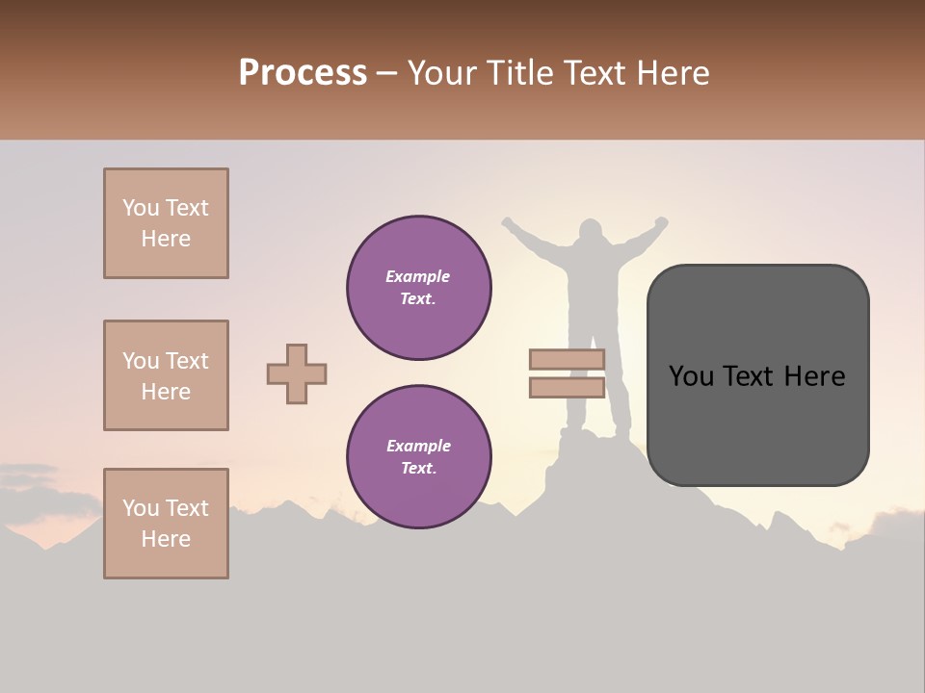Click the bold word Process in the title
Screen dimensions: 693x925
303,73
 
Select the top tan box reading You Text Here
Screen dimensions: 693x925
166,223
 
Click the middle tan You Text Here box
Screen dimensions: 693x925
166,375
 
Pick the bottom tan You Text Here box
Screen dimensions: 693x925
166,524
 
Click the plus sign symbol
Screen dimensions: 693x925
297,373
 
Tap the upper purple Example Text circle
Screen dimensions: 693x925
419,288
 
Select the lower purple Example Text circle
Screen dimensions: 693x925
419,457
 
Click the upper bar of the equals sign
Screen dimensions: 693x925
567,360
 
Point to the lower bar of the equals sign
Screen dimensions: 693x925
567,387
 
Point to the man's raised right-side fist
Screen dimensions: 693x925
661,222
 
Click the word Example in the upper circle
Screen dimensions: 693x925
417,276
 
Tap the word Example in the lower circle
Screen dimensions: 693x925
418,446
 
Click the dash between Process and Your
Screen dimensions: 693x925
387,73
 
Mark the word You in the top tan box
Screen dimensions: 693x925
140,208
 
